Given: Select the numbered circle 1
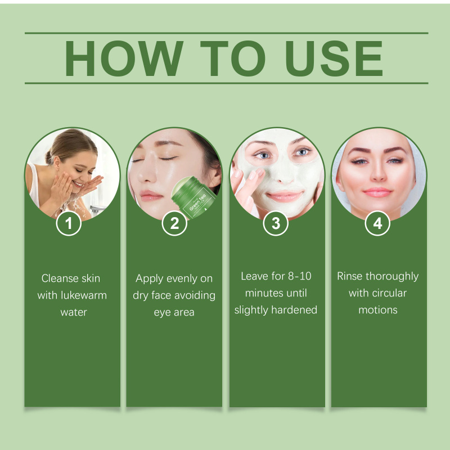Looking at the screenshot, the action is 69,223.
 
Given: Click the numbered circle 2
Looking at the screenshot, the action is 174,223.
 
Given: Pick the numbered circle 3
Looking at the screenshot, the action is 276,223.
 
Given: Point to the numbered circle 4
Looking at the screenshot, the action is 377,223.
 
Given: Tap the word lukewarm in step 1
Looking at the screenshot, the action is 84,295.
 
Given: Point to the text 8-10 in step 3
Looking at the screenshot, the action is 300,276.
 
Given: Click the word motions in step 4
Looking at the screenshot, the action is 378,310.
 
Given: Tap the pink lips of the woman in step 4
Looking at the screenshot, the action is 377,192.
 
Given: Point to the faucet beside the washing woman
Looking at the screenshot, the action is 97,209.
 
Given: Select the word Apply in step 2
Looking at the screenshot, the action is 150,278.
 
